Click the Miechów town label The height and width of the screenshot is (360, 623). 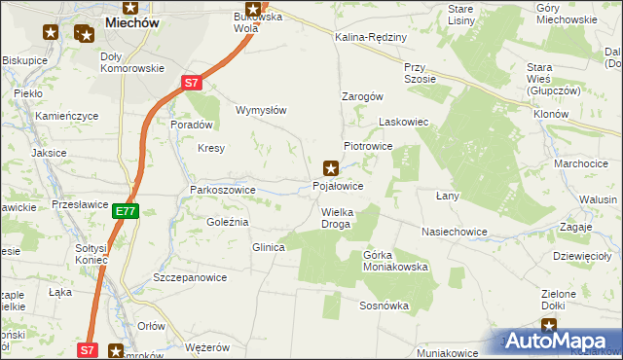coord(129,21)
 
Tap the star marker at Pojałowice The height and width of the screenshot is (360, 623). coord(331,167)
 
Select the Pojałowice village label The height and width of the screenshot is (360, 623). coord(339,185)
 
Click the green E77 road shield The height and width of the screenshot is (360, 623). coord(124,210)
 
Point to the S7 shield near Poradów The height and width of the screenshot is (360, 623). coord(194,84)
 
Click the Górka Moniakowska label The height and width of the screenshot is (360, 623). coord(395,261)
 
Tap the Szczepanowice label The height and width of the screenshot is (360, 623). coord(190,277)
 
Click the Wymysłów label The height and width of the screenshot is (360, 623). coord(261,110)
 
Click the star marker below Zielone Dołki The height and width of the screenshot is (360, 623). coord(551,329)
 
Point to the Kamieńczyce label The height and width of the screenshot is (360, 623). coord(67,116)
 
